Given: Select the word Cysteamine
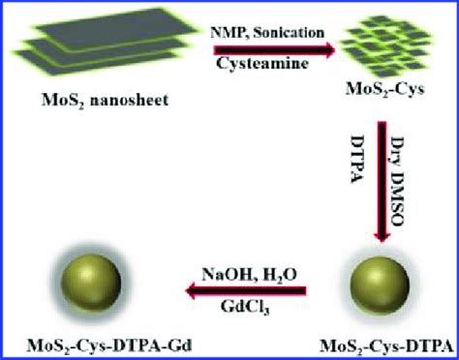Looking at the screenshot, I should tap(267, 70).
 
